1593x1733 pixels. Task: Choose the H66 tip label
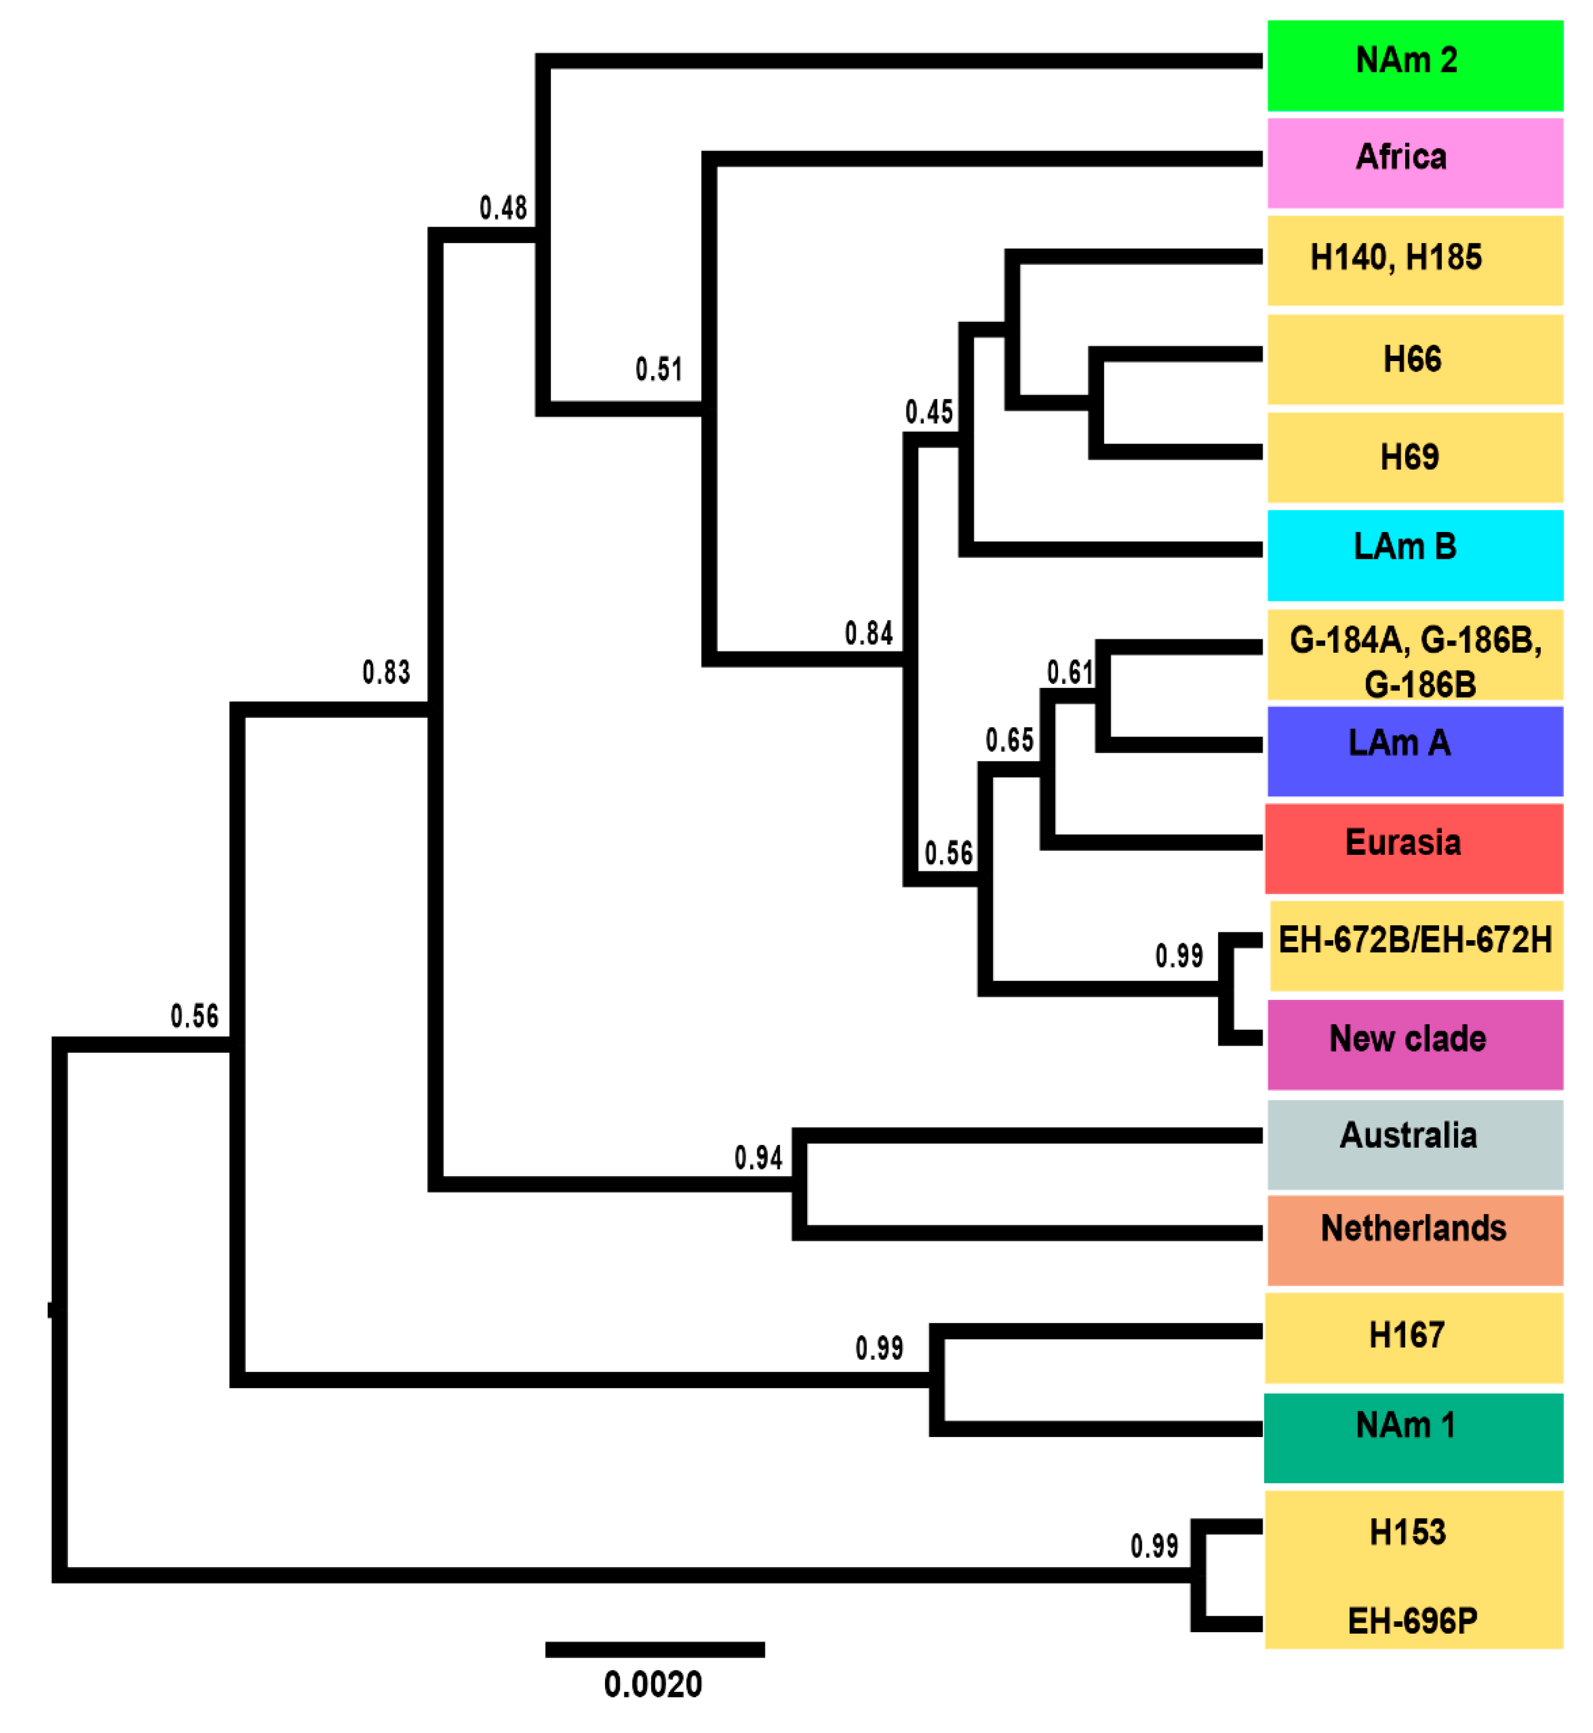1412,359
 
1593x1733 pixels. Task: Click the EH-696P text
1412,1622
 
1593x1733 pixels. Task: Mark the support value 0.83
386,672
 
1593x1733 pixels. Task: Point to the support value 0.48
503,208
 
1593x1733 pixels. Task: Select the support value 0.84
869,633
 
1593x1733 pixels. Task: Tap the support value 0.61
1070,672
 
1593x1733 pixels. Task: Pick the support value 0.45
929,412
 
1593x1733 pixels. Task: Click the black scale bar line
655,1650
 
